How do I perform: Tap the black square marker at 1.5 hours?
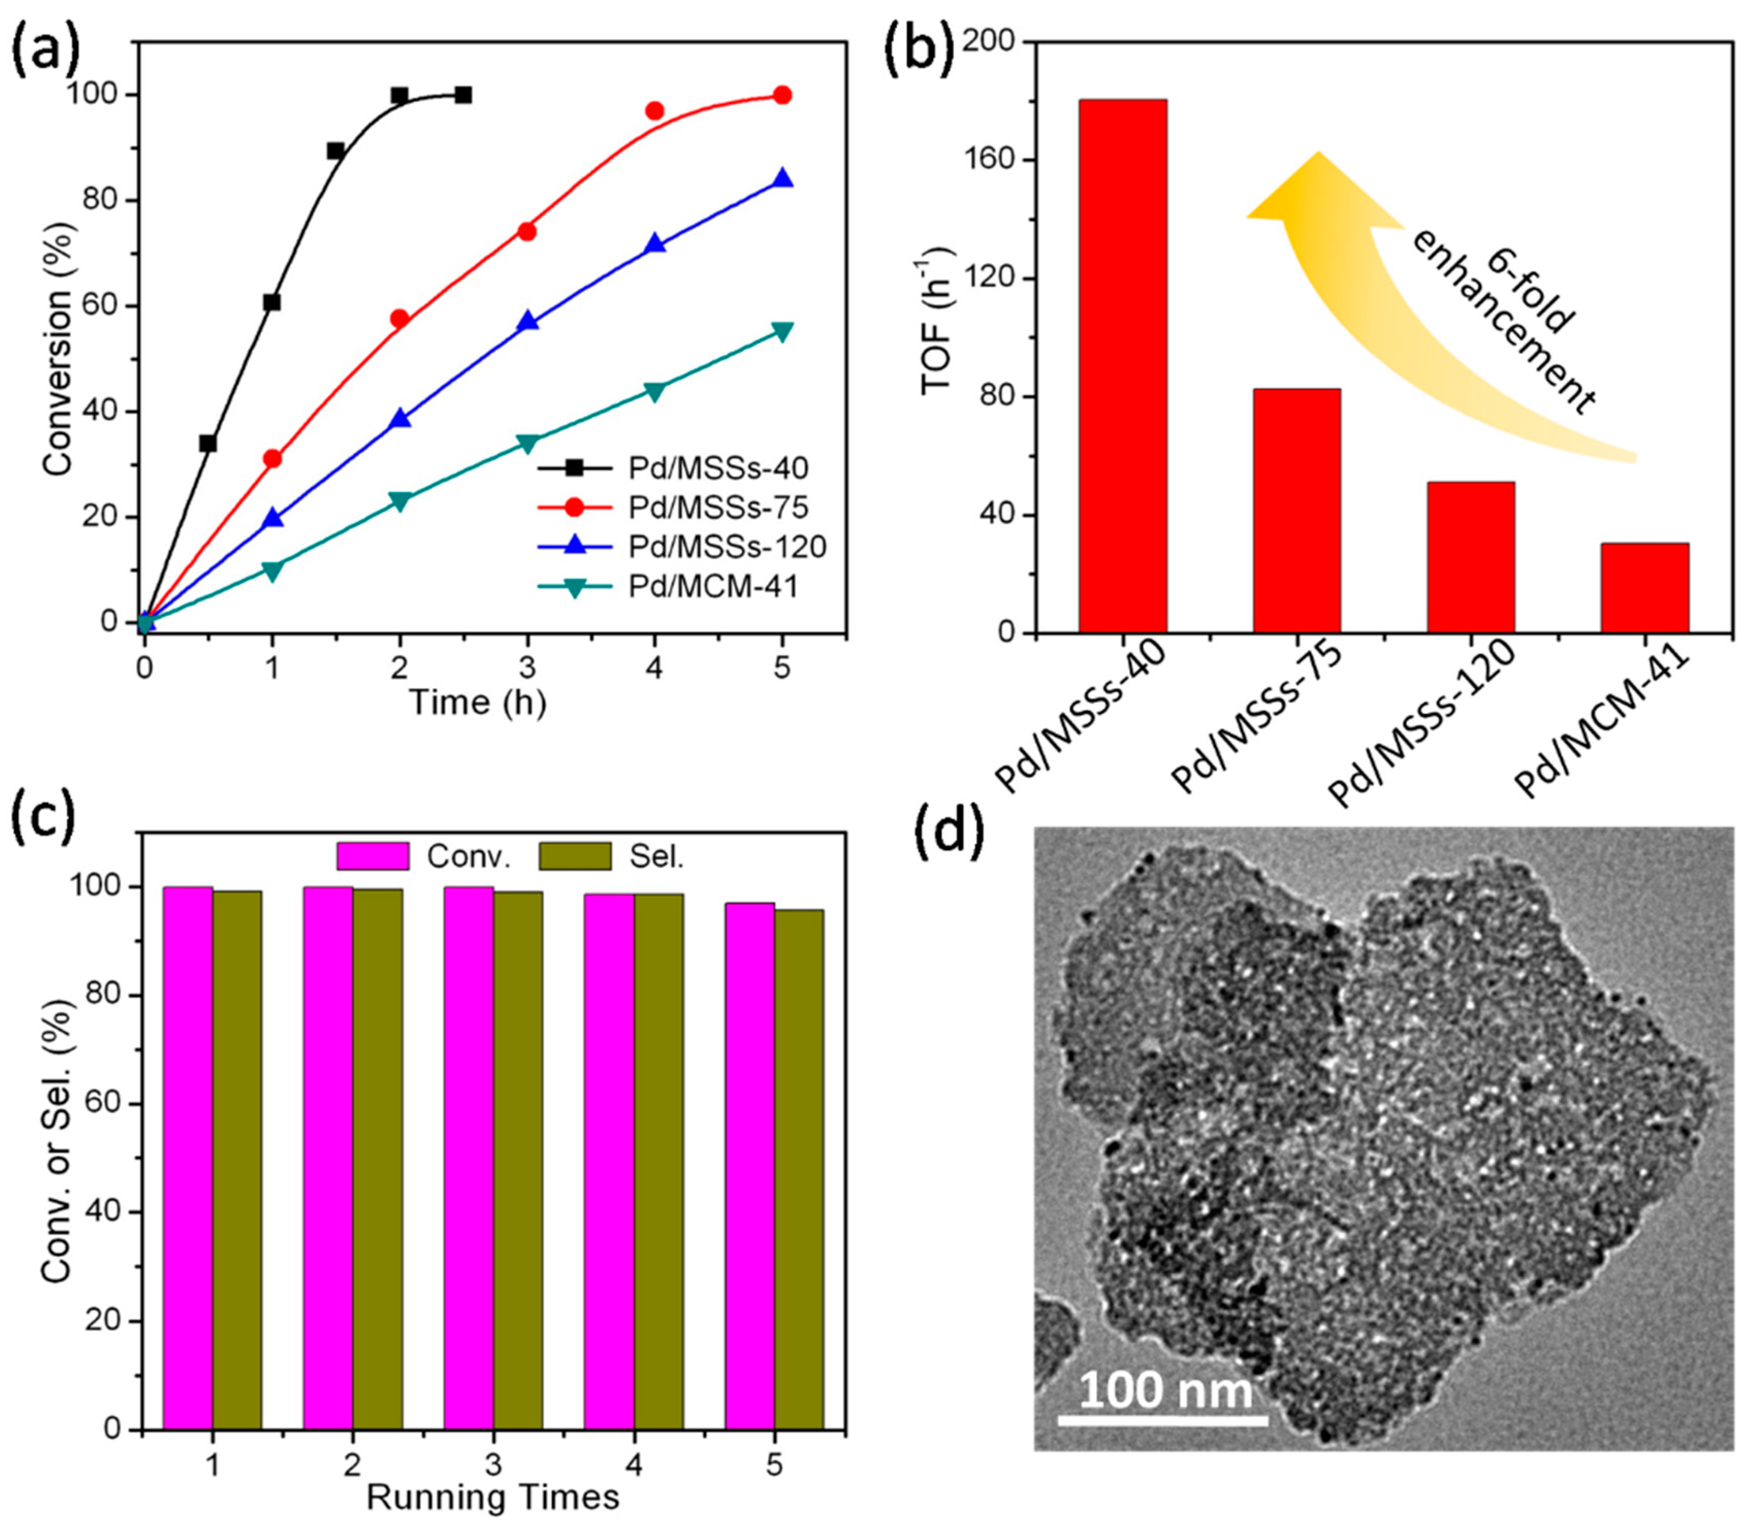336,151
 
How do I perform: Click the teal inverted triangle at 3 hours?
527,443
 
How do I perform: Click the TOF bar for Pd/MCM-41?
1644,588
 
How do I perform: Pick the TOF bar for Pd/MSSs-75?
1296,510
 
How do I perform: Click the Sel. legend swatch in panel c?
575,856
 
